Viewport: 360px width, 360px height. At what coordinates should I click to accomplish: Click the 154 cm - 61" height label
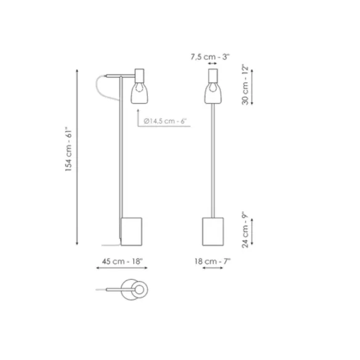(x=69, y=149)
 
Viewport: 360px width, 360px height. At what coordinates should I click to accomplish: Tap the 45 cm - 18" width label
(x=123, y=261)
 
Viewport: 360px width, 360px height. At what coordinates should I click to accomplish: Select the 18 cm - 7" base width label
(x=213, y=261)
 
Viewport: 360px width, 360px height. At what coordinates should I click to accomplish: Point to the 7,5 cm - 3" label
(x=210, y=57)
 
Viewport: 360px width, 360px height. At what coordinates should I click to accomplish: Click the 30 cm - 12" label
(x=245, y=85)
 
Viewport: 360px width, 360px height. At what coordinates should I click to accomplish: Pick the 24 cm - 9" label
(x=245, y=230)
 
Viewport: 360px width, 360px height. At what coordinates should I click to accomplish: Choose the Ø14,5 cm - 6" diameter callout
(x=165, y=121)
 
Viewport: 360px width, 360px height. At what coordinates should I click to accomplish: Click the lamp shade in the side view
(x=139, y=93)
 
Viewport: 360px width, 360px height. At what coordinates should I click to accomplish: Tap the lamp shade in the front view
(x=213, y=93)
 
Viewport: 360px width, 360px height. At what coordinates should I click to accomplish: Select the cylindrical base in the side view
(x=131, y=231)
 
